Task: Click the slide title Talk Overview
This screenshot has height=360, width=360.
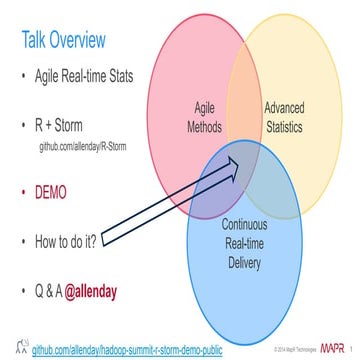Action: (x=64, y=40)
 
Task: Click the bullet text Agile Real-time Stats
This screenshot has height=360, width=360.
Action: (x=89, y=79)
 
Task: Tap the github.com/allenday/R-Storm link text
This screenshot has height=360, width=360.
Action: (x=96, y=146)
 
